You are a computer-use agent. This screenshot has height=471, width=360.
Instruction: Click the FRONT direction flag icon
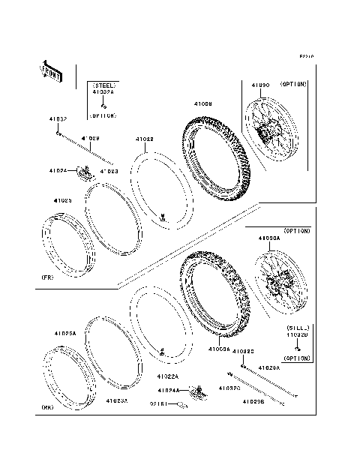click(x=51, y=72)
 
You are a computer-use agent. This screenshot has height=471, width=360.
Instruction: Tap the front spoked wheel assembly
click(x=273, y=133)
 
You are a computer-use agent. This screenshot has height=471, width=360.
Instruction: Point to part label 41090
click(x=259, y=86)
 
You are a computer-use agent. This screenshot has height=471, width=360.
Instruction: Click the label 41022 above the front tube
click(x=145, y=139)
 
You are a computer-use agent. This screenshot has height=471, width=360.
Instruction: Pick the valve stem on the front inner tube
click(x=163, y=217)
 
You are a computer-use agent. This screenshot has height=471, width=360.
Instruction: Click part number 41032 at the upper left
click(x=58, y=119)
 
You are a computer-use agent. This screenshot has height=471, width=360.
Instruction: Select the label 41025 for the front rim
click(x=62, y=201)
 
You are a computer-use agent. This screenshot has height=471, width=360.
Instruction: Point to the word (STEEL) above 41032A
click(x=103, y=86)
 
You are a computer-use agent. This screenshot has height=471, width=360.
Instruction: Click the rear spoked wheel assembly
click(x=278, y=285)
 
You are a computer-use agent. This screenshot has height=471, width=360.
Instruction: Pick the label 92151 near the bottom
click(x=158, y=403)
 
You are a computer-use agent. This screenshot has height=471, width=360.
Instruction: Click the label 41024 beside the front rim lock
click(x=79, y=171)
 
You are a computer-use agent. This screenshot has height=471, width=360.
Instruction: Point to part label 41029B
click(x=253, y=403)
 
